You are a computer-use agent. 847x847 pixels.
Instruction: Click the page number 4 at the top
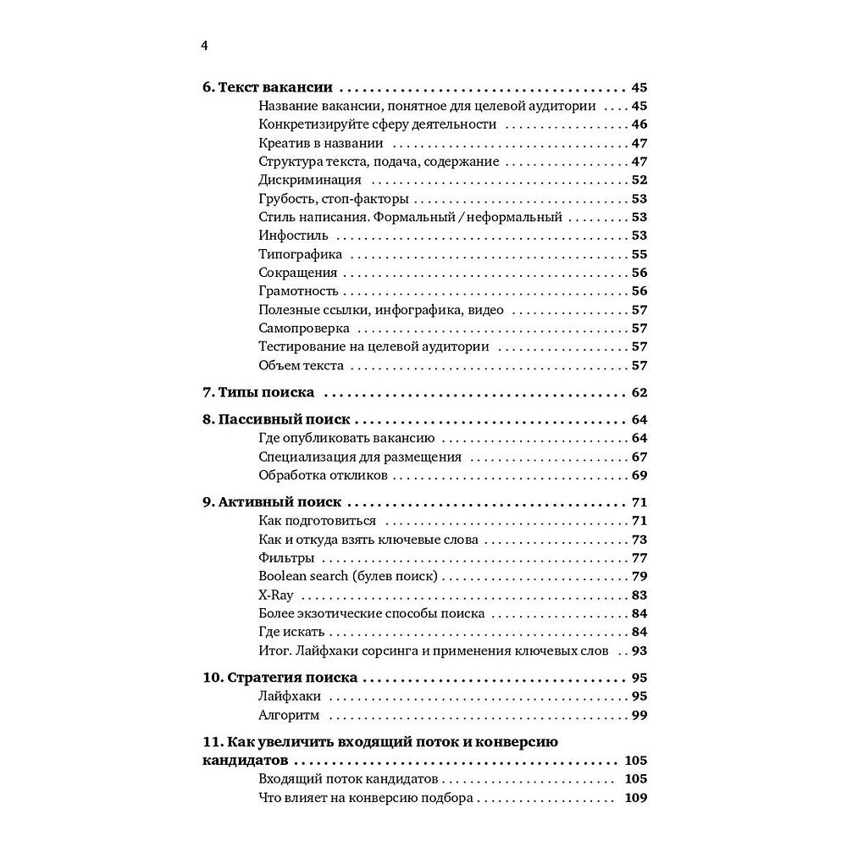(204, 46)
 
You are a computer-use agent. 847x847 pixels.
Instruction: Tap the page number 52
(639, 180)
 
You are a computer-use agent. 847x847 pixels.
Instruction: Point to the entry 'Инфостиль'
(293, 235)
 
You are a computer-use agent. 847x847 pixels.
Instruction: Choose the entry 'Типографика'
(301, 254)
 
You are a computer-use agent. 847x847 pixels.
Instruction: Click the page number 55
(639, 254)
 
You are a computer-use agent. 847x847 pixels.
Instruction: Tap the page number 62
(639, 392)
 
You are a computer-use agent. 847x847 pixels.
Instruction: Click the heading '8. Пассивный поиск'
(276, 419)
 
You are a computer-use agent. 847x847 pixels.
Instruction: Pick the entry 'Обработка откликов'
(323, 475)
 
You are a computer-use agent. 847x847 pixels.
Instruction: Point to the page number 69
(639, 475)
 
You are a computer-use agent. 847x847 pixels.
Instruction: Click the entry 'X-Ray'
(276, 595)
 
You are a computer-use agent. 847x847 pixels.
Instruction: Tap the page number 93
(639, 650)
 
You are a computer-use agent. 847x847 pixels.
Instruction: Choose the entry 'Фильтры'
(286, 557)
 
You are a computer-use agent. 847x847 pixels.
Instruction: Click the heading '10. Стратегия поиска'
(280, 678)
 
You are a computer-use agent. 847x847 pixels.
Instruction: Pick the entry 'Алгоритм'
(289, 715)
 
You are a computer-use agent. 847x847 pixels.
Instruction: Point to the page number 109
(635, 798)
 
